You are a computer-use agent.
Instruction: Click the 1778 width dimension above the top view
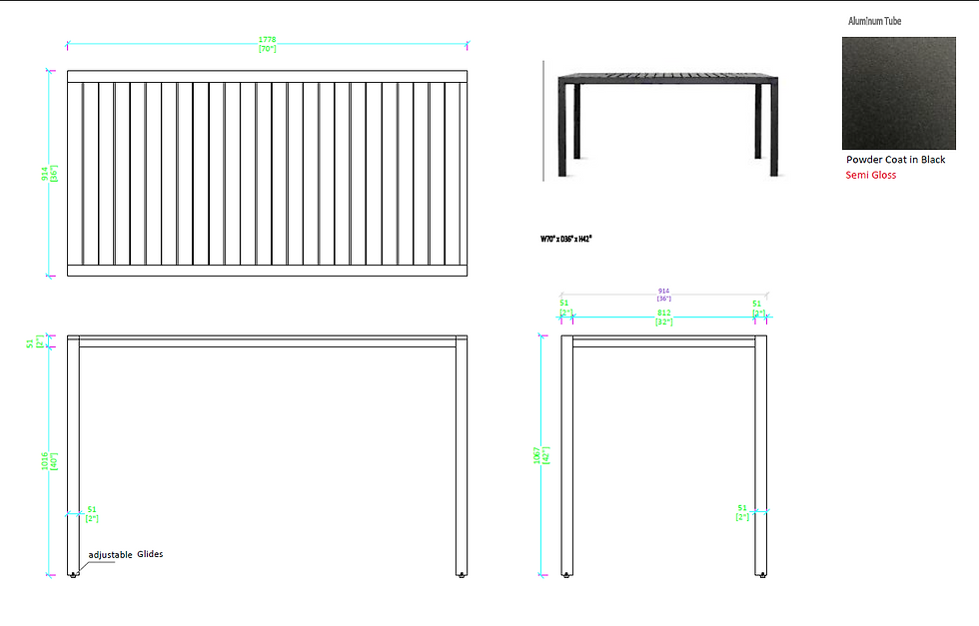click(x=268, y=40)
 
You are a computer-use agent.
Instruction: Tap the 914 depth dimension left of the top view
click(x=45, y=174)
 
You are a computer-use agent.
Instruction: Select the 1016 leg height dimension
click(x=45, y=461)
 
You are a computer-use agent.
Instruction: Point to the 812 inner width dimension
click(x=663, y=313)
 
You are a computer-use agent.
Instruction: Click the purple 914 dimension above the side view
click(x=663, y=292)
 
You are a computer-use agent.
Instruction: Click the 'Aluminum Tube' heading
click(x=874, y=21)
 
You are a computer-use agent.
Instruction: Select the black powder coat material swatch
click(x=899, y=93)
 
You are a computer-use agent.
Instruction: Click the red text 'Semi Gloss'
click(x=871, y=175)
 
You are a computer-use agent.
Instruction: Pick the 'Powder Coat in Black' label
click(x=895, y=160)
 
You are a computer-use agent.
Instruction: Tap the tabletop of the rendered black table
click(x=666, y=78)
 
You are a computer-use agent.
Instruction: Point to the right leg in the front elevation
click(x=462, y=459)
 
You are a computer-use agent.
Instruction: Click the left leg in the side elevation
click(x=567, y=459)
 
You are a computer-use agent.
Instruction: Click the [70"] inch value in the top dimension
click(x=268, y=49)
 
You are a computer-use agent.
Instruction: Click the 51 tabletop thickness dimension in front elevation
click(x=29, y=342)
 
